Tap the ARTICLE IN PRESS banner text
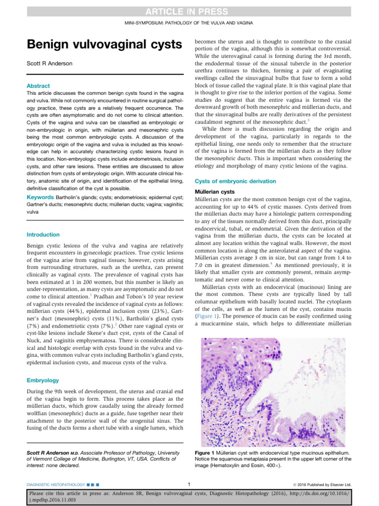coord(189,12)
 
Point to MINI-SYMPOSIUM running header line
coord(189,24)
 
